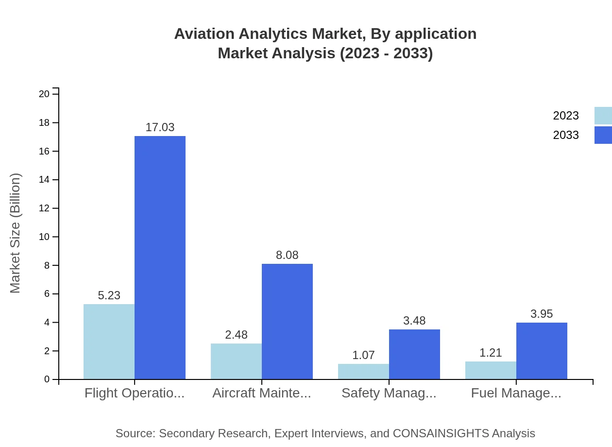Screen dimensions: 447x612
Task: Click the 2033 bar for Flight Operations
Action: [160, 258]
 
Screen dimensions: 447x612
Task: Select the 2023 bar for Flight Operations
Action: [109, 342]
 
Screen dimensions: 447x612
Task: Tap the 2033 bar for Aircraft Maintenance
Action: [287, 321]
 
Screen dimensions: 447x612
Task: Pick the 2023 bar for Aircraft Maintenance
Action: [236, 361]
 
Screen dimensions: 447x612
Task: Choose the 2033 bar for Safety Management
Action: [414, 354]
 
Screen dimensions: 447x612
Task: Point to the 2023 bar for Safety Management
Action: [363, 371]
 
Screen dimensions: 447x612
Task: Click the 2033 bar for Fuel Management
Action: [542, 351]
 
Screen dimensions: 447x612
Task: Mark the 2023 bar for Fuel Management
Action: [491, 370]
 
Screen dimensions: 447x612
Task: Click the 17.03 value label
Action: [160, 127]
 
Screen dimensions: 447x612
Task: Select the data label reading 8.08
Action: [287, 255]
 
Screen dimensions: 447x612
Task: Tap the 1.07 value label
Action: [363, 355]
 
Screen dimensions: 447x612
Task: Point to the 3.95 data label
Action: [542, 314]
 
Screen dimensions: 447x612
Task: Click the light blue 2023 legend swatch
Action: [603, 116]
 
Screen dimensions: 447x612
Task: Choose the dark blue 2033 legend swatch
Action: [603, 135]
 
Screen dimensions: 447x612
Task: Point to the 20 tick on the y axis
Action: [44, 94]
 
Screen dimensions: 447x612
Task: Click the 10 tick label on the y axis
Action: [44, 237]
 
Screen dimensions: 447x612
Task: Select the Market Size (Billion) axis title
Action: [16, 233]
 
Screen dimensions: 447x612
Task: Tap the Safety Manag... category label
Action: [389, 393]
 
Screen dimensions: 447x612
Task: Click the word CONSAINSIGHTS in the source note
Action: [441, 433]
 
